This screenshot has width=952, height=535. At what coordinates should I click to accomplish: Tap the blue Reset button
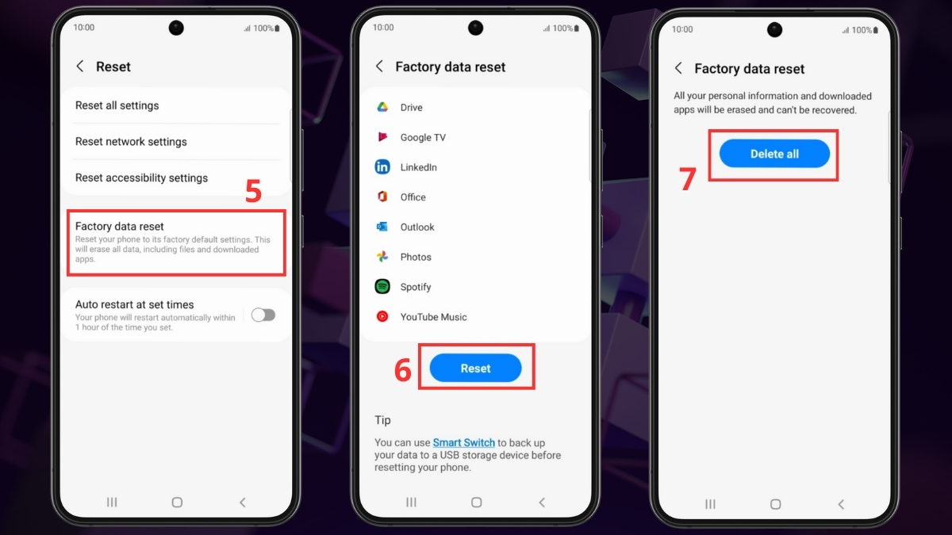pyautogui.click(x=475, y=368)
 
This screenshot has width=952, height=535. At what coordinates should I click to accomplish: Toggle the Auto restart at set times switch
pyautogui.click(x=263, y=315)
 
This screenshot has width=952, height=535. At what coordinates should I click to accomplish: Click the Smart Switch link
pyautogui.click(x=463, y=442)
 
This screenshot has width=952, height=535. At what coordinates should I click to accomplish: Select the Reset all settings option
pyautogui.click(x=117, y=105)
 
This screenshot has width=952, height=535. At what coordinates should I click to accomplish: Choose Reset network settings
pyautogui.click(x=131, y=141)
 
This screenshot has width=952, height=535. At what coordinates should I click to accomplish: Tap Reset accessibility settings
pyautogui.click(x=141, y=178)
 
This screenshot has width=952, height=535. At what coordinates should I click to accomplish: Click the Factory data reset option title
pyautogui.click(x=120, y=227)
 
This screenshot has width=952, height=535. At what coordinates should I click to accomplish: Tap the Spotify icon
pyautogui.click(x=382, y=287)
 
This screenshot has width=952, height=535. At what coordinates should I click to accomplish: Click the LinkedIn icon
pyautogui.click(x=382, y=167)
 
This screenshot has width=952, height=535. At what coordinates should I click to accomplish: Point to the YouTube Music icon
pyautogui.click(x=382, y=316)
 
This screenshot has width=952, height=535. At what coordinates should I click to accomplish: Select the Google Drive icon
pyautogui.click(x=382, y=107)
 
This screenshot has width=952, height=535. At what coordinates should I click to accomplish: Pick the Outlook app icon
pyautogui.click(x=382, y=227)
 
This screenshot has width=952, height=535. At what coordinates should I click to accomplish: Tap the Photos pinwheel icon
pyautogui.click(x=382, y=257)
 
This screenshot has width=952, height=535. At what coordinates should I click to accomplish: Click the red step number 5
pyautogui.click(x=253, y=191)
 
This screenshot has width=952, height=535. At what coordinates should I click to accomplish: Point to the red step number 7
pyautogui.click(x=687, y=179)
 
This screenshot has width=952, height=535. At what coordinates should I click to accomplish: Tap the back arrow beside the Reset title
pyautogui.click(x=79, y=67)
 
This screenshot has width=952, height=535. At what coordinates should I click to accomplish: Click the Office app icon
pyautogui.click(x=382, y=197)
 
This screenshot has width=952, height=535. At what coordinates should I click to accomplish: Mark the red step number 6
pyautogui.click(x=402, y=370)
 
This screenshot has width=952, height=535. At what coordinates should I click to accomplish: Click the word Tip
pyautogui.click(x=382, y=420)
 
